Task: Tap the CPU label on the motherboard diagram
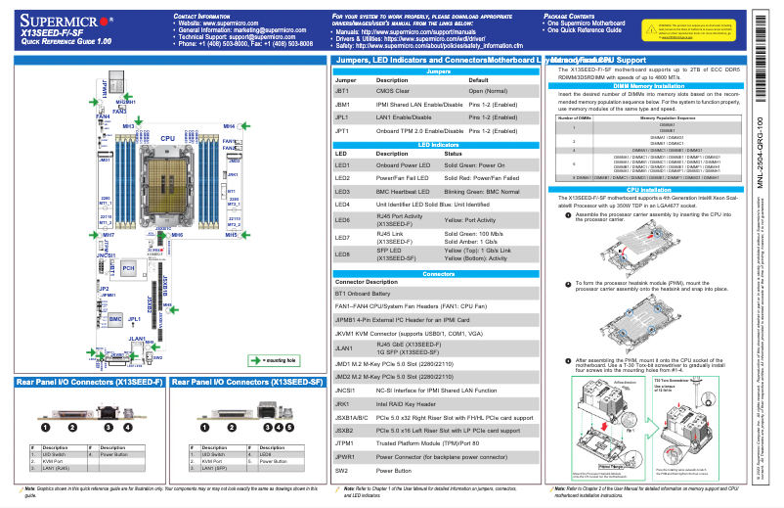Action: pyautogui.click(x=168, y=140)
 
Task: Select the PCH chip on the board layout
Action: pyautogui.click(x=128, y=267)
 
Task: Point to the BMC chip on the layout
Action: pyautogui.click(x=115, y=319)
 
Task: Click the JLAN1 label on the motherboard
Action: pyautogui.click(x=138, y=338)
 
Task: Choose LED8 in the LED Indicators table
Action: pyautogui.click(x=342, y=254)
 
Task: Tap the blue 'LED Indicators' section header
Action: pyautogui.click(x=439, y=144)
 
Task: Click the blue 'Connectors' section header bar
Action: pyautogui.click(x=439, y=274)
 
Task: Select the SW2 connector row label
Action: pyautogui.click(x=341, y=470)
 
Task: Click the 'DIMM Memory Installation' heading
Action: pyautogui.click(x=648, y=86)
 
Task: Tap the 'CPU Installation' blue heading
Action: pyautogui.click(x=648, y=189)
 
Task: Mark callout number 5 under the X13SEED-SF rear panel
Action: pyautogui.click(x=290, y=427)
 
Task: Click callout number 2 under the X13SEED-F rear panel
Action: pyautogui.click(x=70, y=427)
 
